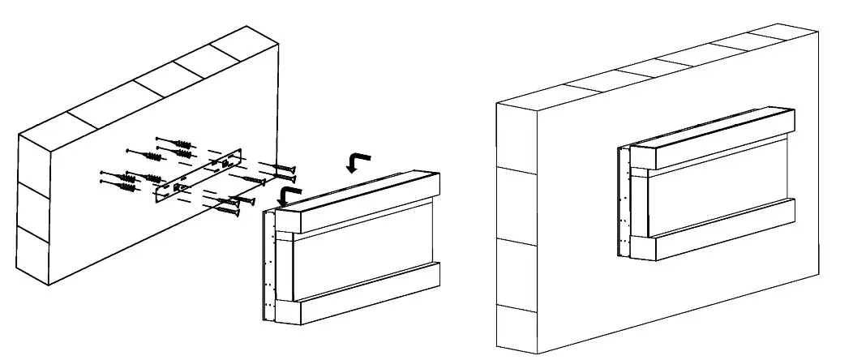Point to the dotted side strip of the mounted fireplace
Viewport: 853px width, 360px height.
623,203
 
